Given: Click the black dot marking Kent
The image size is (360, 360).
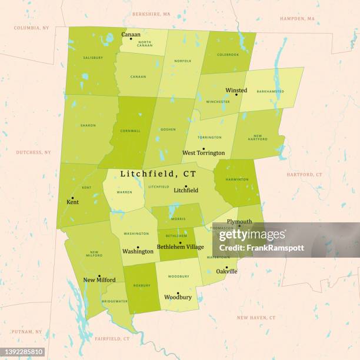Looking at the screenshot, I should point(72,198).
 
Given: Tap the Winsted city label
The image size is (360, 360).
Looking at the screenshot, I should point(236,91).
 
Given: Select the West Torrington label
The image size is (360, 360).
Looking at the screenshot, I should point(203,153).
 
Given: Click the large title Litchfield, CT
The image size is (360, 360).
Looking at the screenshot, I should point(158,174).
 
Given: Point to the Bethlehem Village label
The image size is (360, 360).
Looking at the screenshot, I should point(180,247).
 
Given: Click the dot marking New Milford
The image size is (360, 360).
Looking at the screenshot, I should point(99,275).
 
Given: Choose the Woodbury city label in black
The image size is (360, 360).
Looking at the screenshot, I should point(178,297).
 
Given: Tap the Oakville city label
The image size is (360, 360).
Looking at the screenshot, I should point(226,271).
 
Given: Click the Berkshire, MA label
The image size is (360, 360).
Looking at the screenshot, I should point(151,13).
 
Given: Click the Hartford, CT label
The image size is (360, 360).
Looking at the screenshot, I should point(304,175).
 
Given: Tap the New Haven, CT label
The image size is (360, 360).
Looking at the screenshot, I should point(256,318).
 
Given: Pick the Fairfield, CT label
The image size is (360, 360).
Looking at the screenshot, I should point(112,339).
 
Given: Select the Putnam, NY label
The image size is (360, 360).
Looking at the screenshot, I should point(30,332).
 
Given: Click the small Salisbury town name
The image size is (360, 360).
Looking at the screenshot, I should point(93,58).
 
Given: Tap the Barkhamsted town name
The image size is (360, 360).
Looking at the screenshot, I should point(271,91).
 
